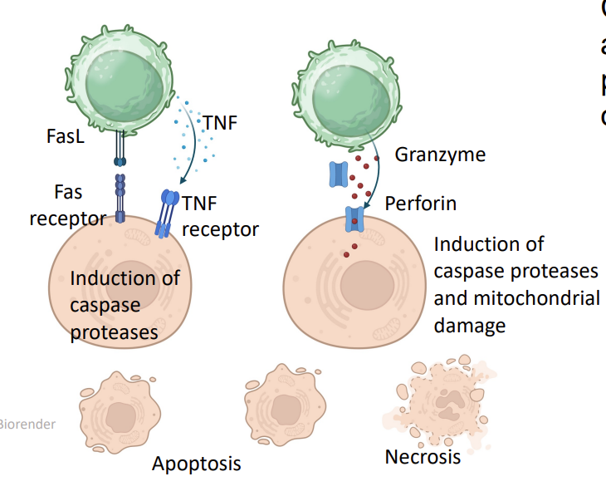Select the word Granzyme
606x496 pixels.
tap(440, 155)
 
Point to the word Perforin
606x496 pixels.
tap(421, 203)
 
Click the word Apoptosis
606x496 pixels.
tap(196, 464)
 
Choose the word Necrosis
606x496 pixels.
tap(423, 457)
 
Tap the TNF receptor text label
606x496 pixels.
tap(220, 215)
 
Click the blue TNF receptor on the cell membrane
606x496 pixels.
tap(169, 212)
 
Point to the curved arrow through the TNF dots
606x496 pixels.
tap(193, 150)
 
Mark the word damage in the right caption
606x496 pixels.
tap(469, 326)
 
